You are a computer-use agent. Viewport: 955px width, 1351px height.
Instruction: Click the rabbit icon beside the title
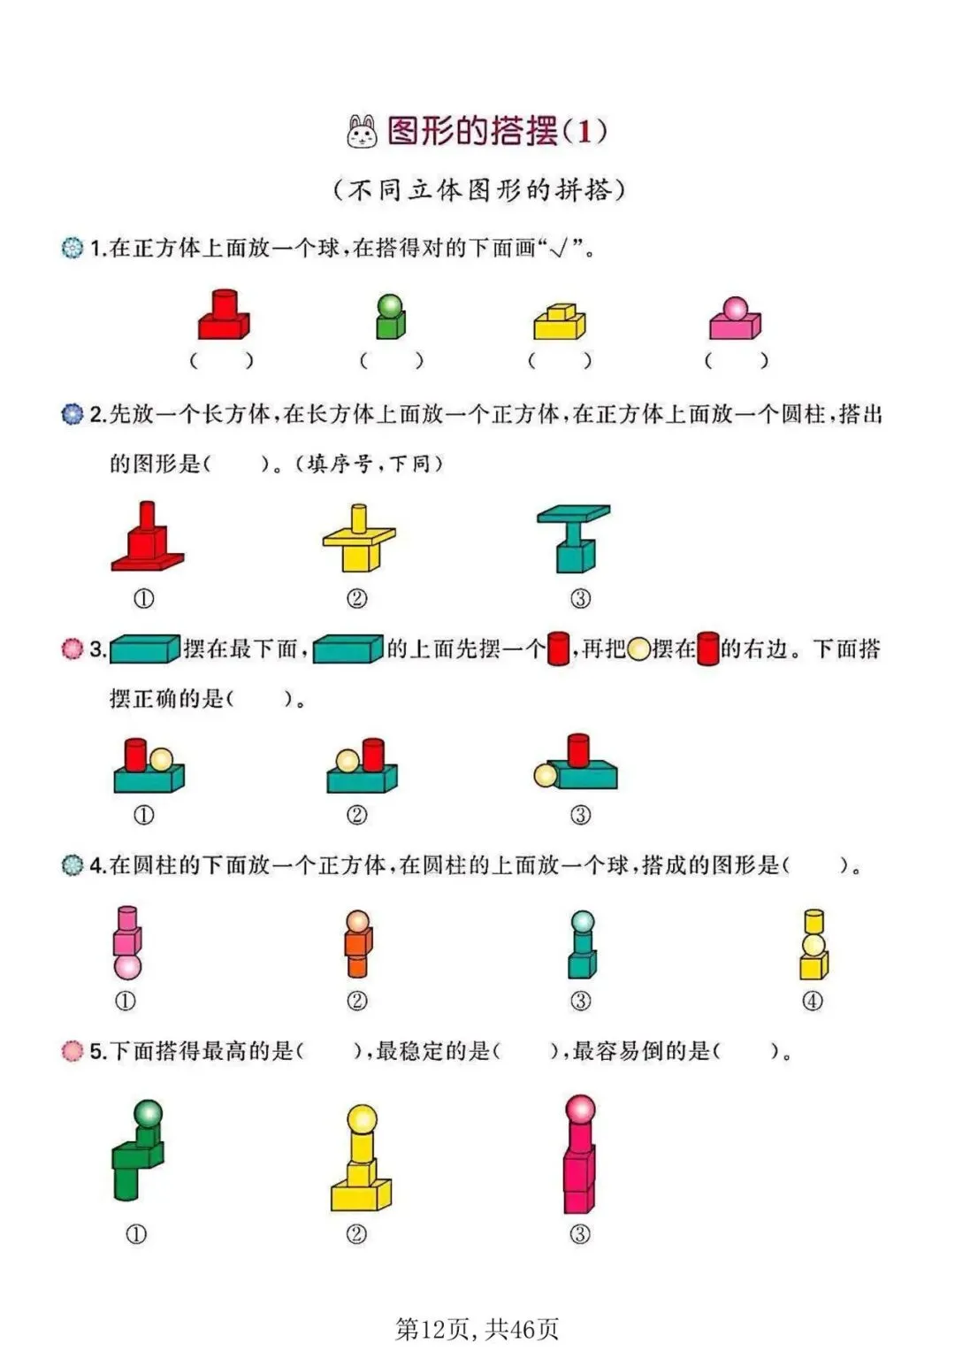click(x=362, y=132)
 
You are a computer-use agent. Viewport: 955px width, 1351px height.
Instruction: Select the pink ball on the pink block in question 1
click(x=735, y=309)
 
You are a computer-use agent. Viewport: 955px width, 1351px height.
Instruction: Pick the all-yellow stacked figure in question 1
click(x=560, y=321)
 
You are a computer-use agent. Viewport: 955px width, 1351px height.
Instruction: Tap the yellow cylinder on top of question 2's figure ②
click(x=359, y=518)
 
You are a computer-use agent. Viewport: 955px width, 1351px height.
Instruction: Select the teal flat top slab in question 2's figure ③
click(x=573, y=513)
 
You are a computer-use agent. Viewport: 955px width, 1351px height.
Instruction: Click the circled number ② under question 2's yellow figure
click(x=357, y=598)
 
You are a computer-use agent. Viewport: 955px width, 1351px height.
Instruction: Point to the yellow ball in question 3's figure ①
click(x=161, y=760)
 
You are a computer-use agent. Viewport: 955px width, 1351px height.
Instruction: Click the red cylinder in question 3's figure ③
click(x=578, y=750)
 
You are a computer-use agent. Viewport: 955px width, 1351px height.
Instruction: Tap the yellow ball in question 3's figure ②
click(x=348, y=761)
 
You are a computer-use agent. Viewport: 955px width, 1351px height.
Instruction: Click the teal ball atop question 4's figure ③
click(x=583, y=922)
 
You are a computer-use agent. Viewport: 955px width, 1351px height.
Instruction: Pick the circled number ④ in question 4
click(x=812, y=1002)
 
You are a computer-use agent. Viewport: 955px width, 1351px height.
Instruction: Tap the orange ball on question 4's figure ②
click(x=357, y=922)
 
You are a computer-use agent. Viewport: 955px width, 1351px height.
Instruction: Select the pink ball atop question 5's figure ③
click(x=580, y=1109)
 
